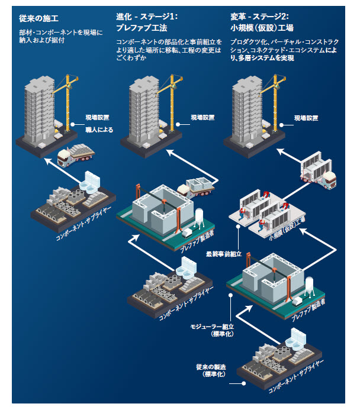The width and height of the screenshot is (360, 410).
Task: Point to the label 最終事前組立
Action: tap(223, 254)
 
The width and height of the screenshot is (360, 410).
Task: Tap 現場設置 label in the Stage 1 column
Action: tap(202, 118)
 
